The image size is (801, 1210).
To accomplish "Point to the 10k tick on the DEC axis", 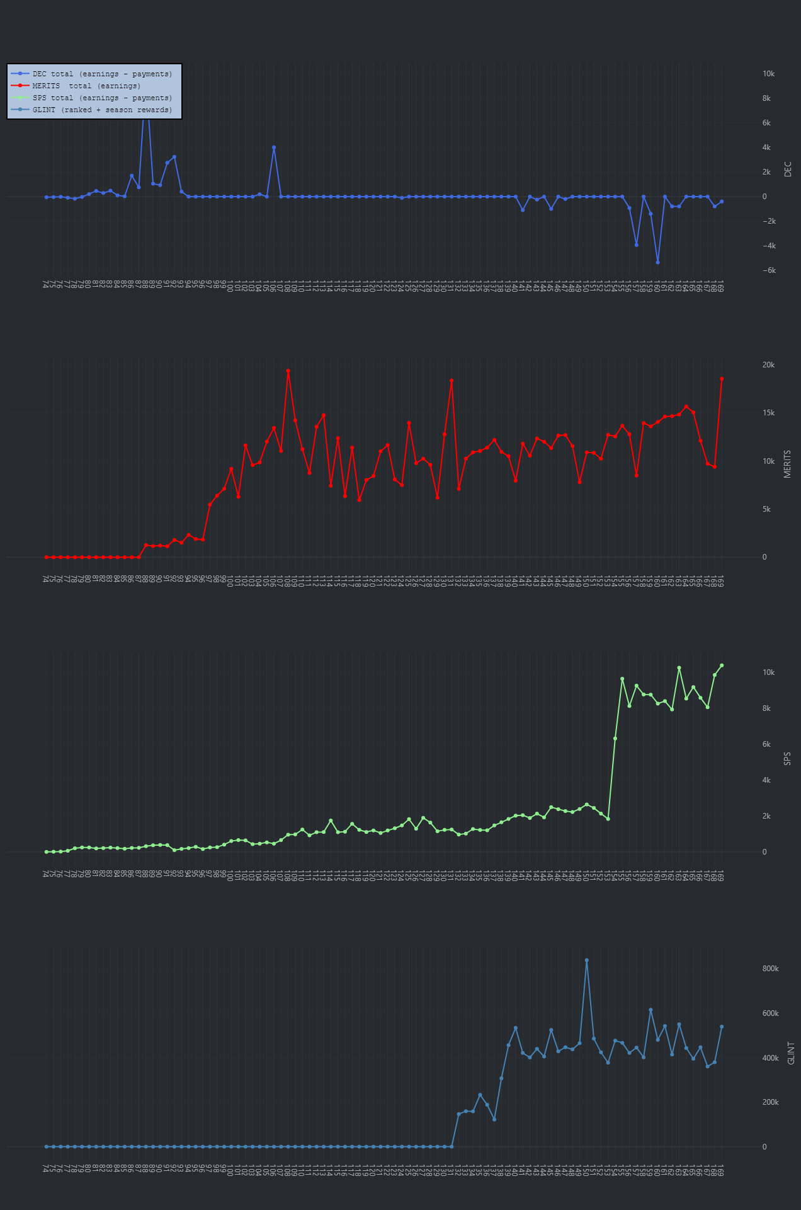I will (x=768, y=74).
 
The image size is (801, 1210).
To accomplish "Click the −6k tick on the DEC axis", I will (x=768, y=271).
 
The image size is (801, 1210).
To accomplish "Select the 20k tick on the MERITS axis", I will (x=768, y=366).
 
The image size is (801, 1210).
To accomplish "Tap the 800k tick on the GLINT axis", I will (x=770, y=969).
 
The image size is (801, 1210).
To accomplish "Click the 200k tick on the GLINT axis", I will (x=770, y=1102).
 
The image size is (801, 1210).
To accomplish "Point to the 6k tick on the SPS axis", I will (x=766, y=744).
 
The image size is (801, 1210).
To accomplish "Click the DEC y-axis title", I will (x=788, y=169).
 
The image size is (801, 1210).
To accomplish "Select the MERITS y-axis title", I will (x=788, y=464).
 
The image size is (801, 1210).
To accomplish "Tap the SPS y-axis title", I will (x=788, y=759).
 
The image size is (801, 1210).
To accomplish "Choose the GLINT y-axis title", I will (x=792, y=1053).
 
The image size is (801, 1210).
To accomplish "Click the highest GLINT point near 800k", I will (x=586, y=960).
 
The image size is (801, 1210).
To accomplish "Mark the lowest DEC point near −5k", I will (x=657, y=262).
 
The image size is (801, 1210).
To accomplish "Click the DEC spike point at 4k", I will (x=274, y=147).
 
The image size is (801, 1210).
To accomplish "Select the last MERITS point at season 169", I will (x=722, y=379).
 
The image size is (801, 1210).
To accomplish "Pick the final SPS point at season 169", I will (x=722, y=665).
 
